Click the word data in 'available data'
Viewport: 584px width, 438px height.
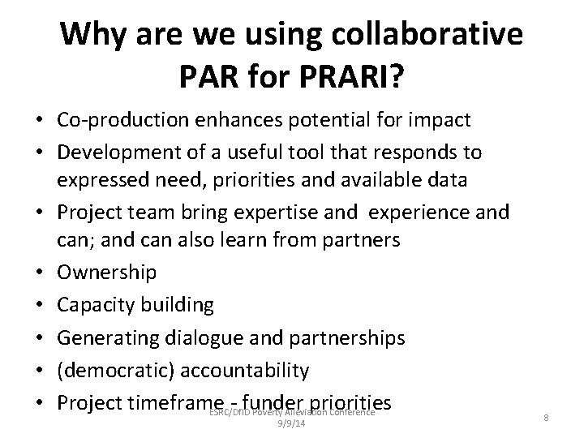click(x=448, y=180)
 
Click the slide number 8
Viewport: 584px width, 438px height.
click(x=547, y=417)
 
